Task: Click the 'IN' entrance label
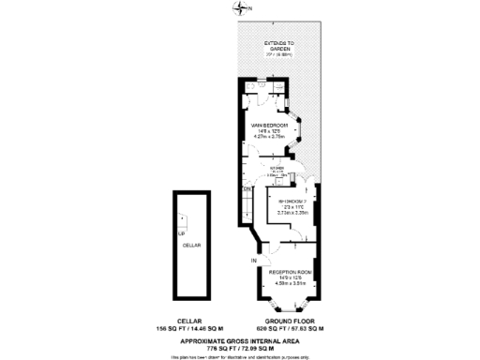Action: [253, 259]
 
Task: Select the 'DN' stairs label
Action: [247, 189]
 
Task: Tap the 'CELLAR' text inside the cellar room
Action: [192, 242]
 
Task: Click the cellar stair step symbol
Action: [184, 222]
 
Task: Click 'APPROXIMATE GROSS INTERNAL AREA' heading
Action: [240, 338]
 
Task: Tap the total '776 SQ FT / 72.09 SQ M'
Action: [240, 347]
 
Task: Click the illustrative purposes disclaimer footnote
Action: [240, 356]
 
